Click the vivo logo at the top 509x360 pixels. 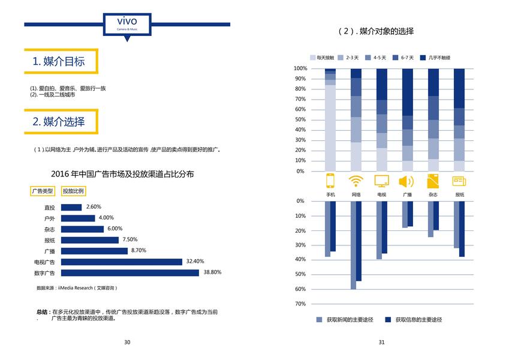[127, 23]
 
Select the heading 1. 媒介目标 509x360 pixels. [59, 61]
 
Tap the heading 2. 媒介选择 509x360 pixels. [59, 122]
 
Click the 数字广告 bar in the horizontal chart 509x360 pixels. [130, 272]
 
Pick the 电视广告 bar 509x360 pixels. [122, 262]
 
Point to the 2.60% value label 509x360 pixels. [94, 207]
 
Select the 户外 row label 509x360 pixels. [49, 218]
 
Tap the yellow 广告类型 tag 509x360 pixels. [43, 191]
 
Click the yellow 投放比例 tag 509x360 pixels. [74, 191]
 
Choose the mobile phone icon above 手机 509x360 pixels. [330, 181]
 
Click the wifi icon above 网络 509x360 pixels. [356, 181]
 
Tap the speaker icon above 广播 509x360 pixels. [406, 181]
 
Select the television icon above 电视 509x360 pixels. [381, 181]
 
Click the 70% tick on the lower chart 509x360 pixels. [300, 304]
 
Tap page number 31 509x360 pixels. [381, 343]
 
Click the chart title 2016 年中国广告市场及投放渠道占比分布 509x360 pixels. [122, 174]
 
